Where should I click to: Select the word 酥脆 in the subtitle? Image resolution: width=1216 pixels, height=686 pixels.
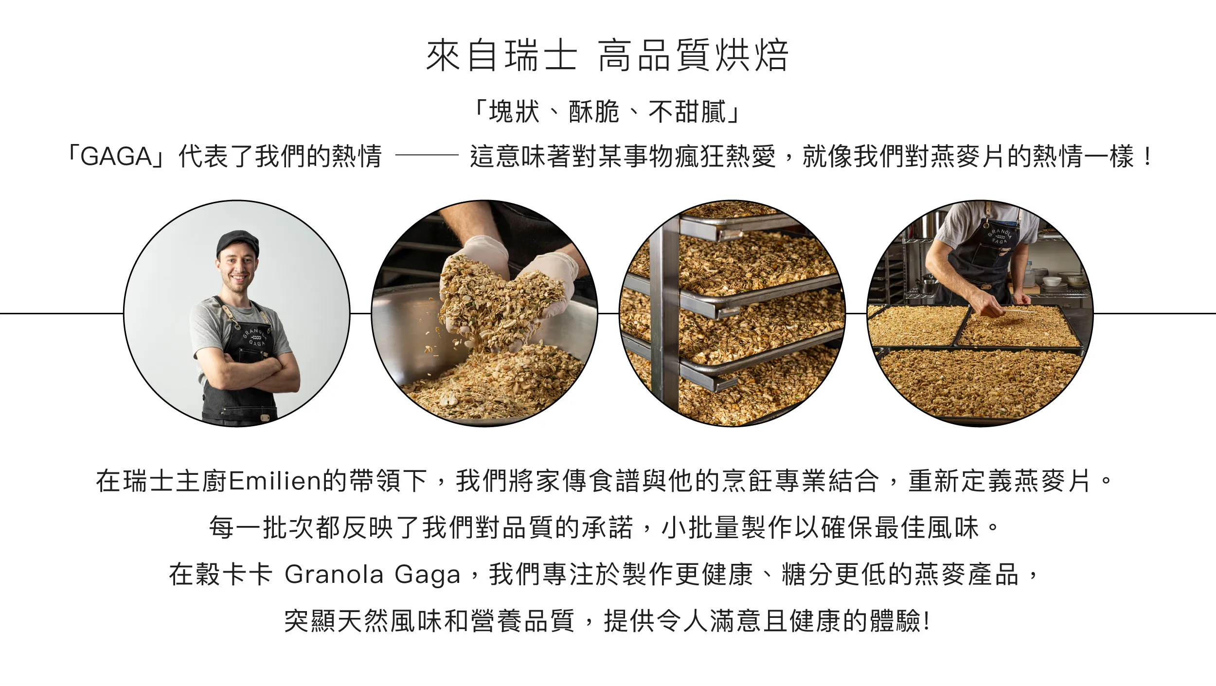(x=594, y=111)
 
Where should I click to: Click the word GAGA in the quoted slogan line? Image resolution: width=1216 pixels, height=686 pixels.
(x=116, y=157)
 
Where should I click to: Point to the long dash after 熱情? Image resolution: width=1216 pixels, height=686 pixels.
(x=427, y=156)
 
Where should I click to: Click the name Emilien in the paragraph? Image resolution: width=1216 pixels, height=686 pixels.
(x=275, y=481)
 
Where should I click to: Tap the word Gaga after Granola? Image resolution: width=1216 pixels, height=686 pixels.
(x=428, y=576)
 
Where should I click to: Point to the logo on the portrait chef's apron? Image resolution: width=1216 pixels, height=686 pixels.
(x=255, y=336)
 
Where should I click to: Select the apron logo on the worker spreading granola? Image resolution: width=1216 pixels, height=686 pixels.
(x=1000, y=236)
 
